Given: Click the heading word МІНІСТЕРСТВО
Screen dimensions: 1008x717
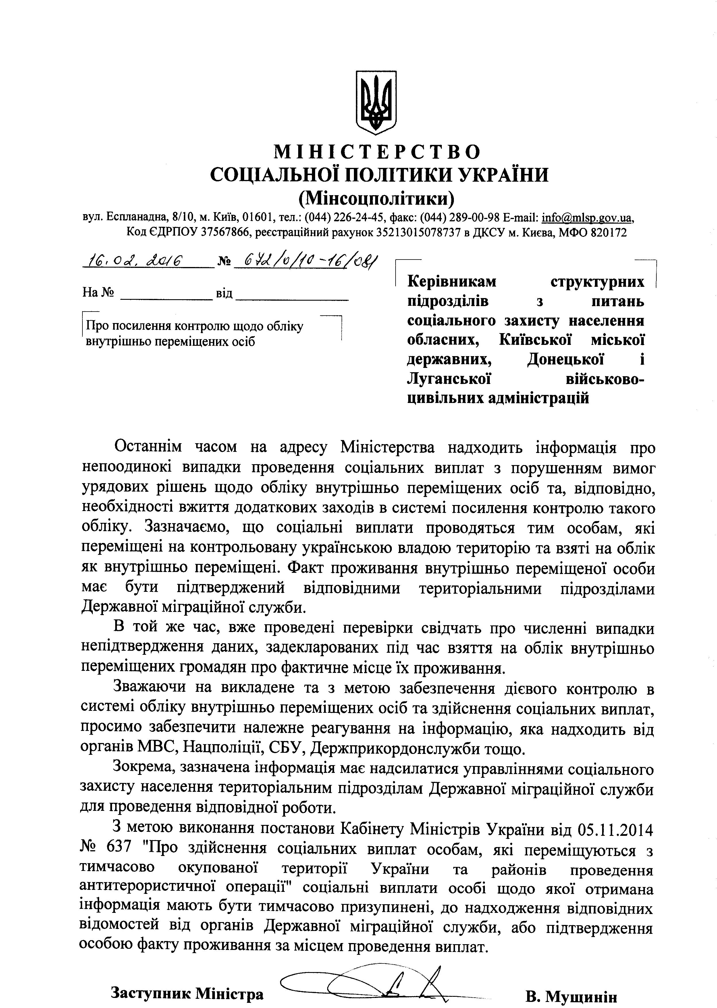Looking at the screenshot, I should coord(377,152).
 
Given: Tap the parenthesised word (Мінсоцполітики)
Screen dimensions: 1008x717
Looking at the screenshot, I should coord(377,199).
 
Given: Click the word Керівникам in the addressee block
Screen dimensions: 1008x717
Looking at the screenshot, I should coord(452,281).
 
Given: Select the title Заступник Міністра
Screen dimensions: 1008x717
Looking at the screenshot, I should coord(187,980).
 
